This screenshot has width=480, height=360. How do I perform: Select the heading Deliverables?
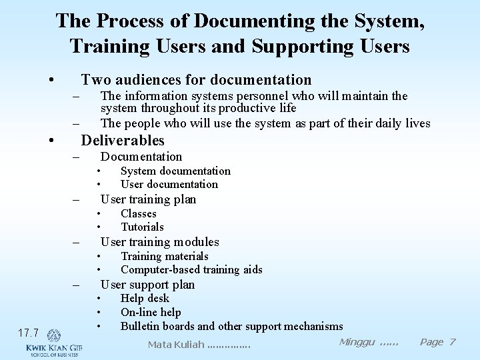[123, 141]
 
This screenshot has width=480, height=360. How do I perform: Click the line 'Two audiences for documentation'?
[196, 80]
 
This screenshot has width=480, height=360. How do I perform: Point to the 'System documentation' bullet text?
[175, 171]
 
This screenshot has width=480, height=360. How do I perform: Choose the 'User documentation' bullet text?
[169, 185]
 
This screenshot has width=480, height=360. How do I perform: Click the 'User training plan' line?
[148, 199]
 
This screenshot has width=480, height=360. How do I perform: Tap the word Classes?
[139, 214]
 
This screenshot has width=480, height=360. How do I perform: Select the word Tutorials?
[142, 227]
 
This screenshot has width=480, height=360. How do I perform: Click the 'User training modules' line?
[159, 242]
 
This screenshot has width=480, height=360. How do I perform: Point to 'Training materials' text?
[165, 257]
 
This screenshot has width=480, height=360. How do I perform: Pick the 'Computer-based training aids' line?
[191, 270]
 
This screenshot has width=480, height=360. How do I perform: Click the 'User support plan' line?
[147, 285]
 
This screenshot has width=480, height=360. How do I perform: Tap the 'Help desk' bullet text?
[145, 299]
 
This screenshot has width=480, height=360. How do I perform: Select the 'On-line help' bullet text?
[151, 313]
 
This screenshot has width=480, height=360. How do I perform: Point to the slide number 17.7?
[28, 333]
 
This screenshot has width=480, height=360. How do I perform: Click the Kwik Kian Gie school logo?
[53, 343]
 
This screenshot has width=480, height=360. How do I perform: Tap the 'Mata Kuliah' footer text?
[199, 345]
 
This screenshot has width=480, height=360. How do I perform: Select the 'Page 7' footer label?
[437, 342]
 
